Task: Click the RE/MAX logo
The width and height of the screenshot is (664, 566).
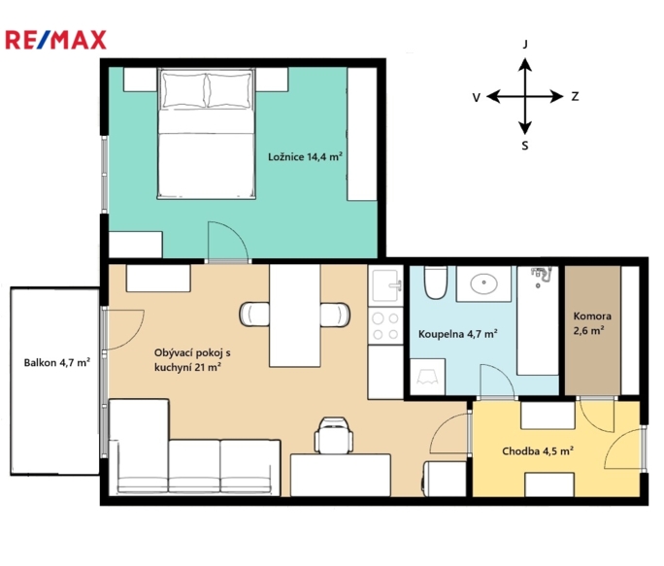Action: (55, 40)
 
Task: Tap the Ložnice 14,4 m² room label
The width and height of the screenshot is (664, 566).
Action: (305, 156)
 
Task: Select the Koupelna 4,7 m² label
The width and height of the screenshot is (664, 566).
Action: (457, 334)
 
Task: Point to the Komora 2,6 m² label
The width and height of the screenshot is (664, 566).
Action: (592, 323)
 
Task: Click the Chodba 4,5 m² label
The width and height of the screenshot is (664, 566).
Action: (538, 450)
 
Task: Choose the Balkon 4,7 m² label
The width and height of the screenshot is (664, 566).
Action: (56, 363)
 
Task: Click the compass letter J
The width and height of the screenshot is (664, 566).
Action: (525, 44)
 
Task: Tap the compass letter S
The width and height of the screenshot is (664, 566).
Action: (525, 146)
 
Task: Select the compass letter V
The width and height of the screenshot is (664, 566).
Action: (477, 98)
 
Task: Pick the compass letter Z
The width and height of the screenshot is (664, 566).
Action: (575, 96)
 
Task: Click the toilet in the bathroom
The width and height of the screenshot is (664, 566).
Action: (435, 283)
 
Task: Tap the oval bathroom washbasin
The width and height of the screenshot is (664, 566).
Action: (483, 283)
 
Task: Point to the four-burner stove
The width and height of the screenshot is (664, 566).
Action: (385, 326)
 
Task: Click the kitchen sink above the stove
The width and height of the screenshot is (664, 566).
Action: (385, 285)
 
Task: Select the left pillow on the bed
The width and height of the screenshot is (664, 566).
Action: (184, 90)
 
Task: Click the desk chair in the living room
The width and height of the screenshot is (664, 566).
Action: (334, 435)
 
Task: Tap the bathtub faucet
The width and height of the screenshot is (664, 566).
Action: (541, 275)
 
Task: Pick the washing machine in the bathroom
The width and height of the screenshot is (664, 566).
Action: (428, 377)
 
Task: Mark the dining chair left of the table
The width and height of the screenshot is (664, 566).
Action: (254, 315)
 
